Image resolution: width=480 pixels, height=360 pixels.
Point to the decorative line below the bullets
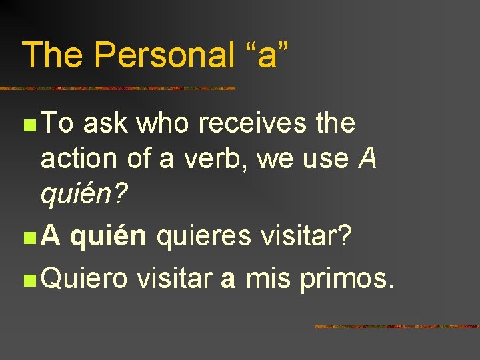396,327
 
